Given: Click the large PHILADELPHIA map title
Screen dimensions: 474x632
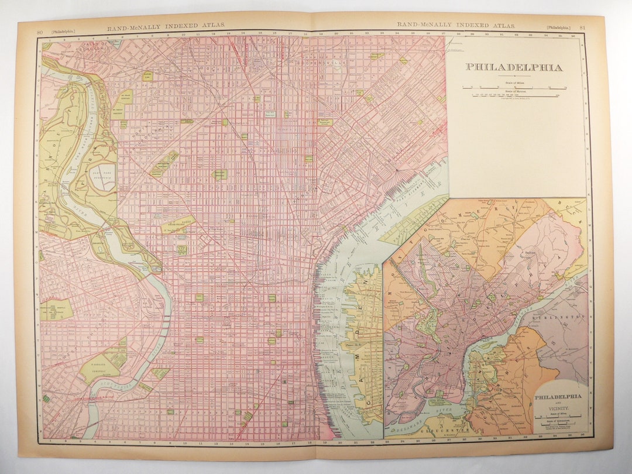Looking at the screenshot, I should [x=514, y=67].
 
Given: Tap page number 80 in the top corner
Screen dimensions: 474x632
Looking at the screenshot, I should [x=39, y=25].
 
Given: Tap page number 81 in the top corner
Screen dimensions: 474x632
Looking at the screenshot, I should [x=582, y=26].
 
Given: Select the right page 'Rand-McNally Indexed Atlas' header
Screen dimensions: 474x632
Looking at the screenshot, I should [x=456, y=25].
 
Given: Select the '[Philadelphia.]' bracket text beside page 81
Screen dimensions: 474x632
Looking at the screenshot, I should [x=559, y=27].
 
